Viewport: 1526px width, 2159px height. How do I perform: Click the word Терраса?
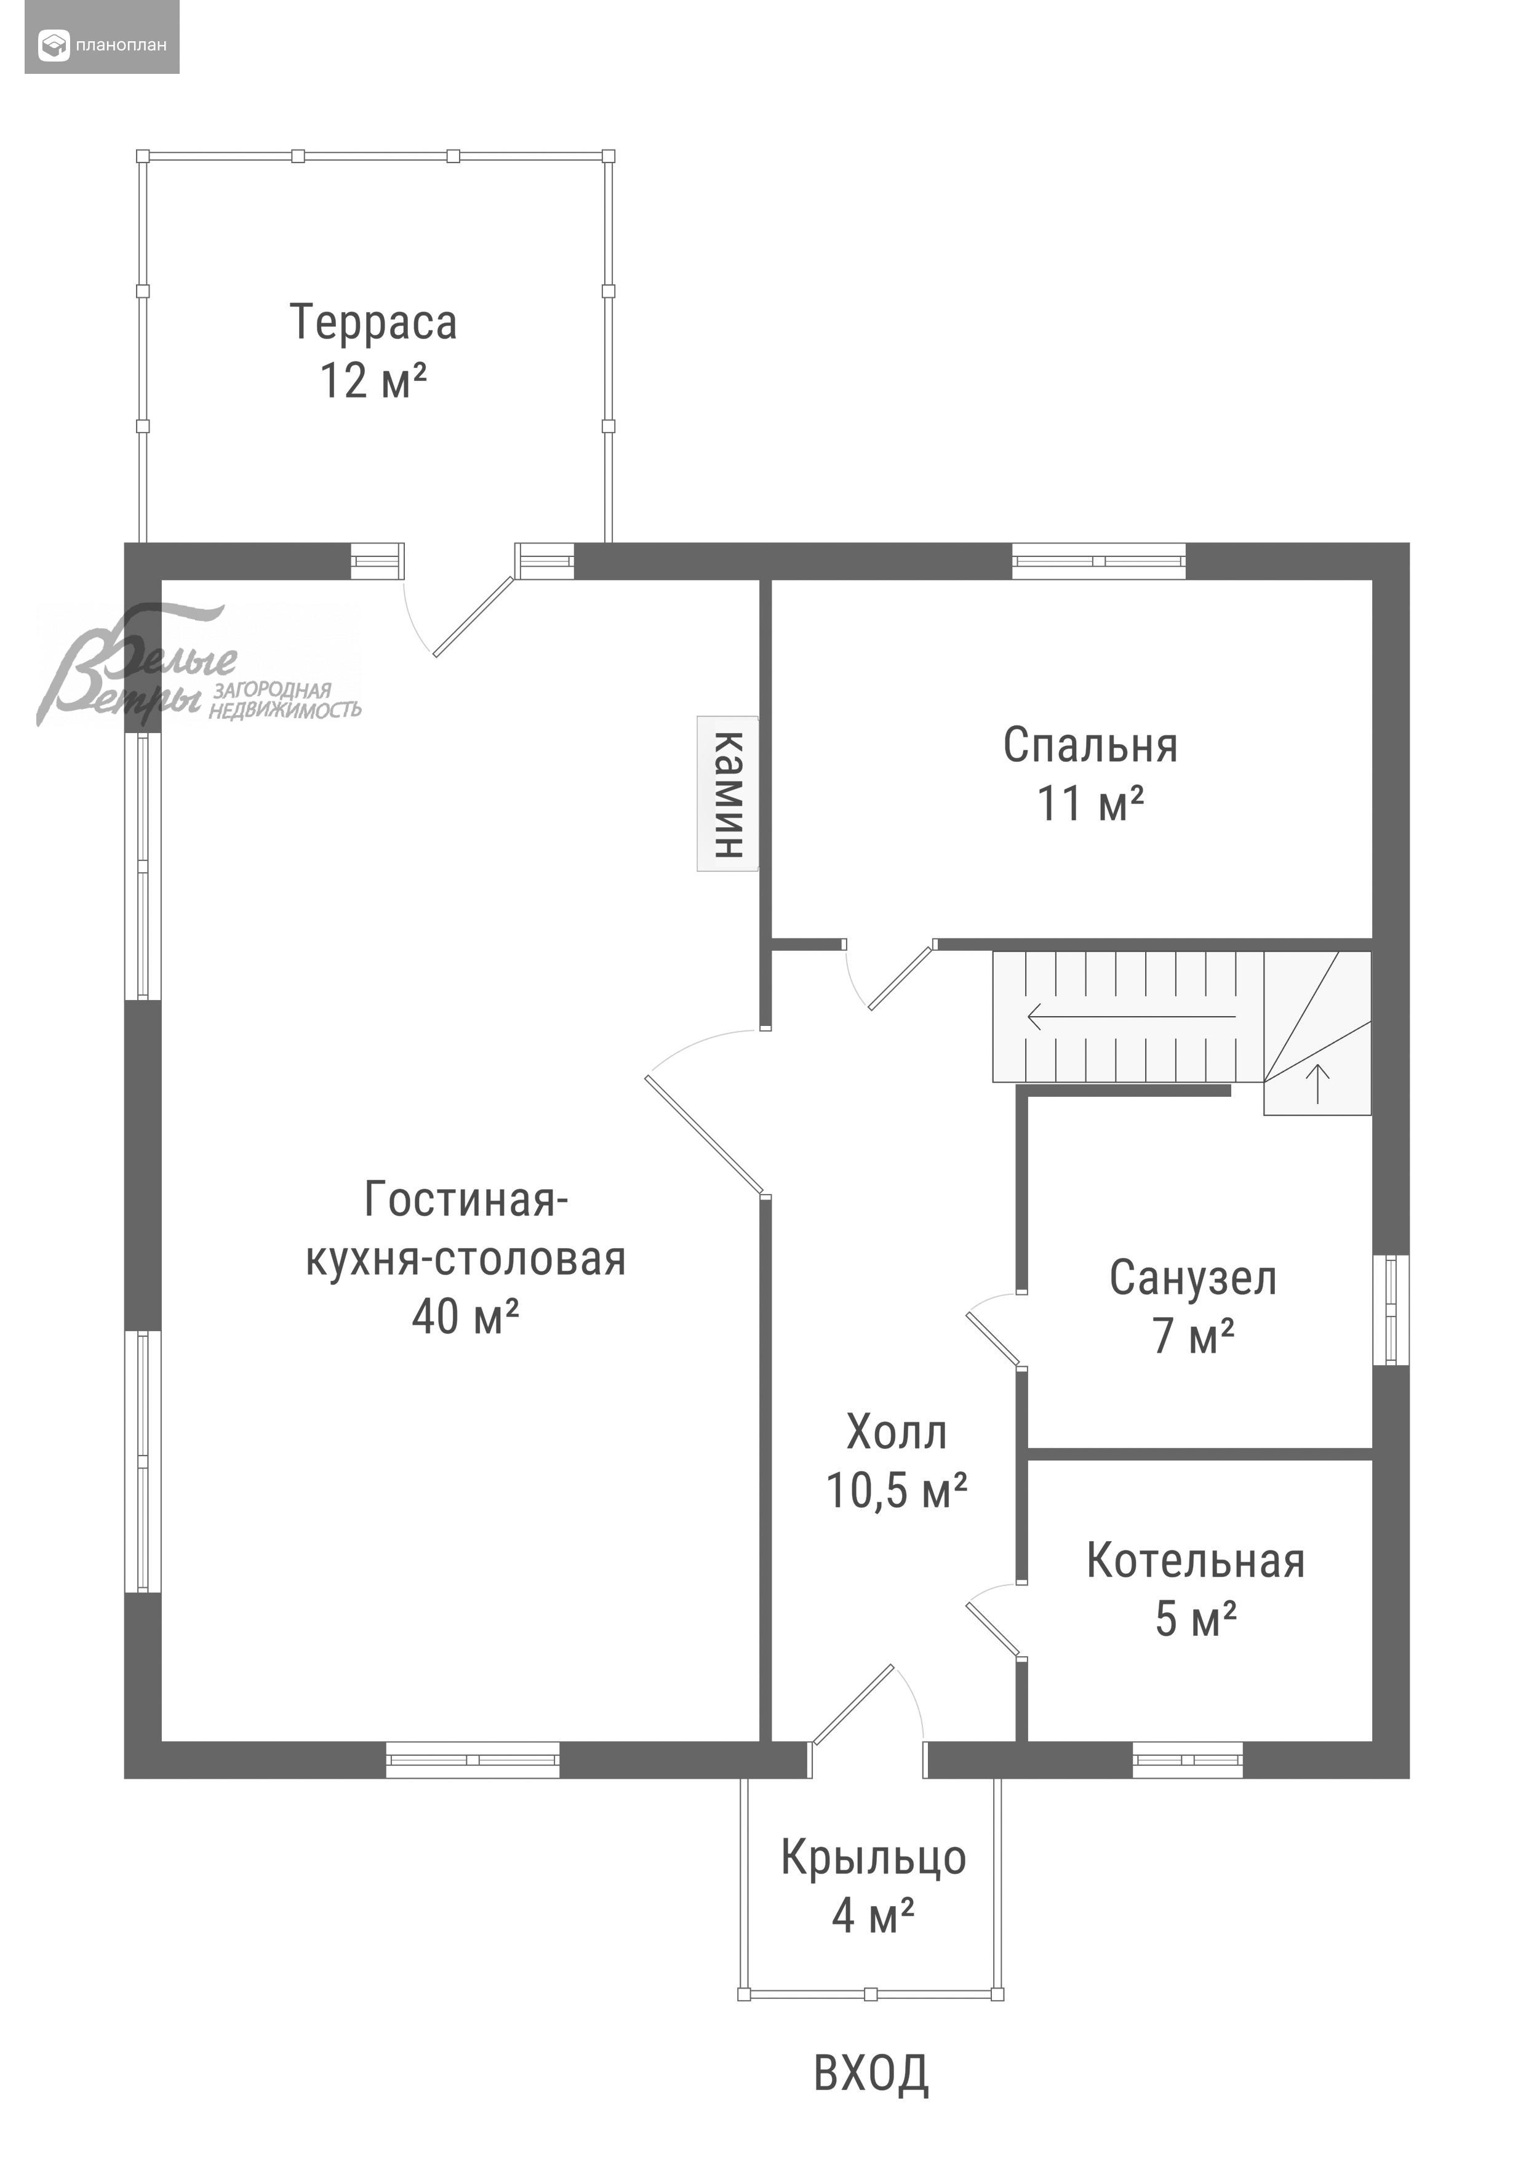(374, 322)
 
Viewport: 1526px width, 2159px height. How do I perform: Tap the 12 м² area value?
(374, 381)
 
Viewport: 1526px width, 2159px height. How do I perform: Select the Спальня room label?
(1090, 747)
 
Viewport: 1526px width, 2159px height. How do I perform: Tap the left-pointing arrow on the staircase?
(1131, 1017)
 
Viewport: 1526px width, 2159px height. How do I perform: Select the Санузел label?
(1193, 1279)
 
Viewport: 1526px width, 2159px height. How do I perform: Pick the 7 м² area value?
(1193, 1336)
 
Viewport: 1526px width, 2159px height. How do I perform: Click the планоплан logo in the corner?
(102, 44)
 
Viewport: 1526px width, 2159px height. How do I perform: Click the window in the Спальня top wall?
(1099, 561)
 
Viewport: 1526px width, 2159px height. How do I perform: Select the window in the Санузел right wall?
(1391, 1310)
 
